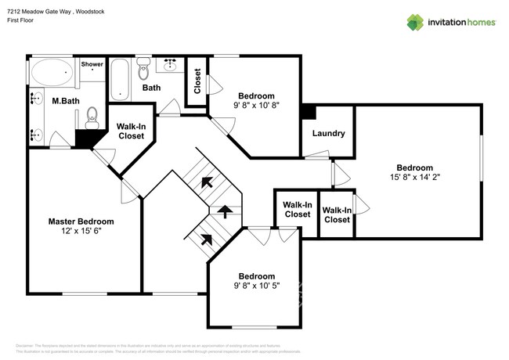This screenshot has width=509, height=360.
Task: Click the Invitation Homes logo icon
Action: (415, 22)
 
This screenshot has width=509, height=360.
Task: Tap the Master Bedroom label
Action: (81, 221)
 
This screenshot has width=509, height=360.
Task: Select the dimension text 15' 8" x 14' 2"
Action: (414, 178)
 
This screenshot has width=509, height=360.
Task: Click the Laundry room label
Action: (328, 133)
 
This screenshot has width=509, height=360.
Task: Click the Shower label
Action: (92, 64)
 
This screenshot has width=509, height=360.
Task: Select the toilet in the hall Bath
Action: (143, 71)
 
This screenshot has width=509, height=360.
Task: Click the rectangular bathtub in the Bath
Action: (118, 80)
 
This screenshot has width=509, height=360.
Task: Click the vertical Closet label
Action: (197, 81)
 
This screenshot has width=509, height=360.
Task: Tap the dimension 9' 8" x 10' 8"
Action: (256, 104)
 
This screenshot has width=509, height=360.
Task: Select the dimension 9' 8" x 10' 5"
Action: (256, 286)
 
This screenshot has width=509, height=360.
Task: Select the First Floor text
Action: (23, 21)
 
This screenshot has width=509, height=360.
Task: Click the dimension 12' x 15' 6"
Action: (81, 232)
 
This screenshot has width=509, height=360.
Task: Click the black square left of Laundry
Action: (309, 112)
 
